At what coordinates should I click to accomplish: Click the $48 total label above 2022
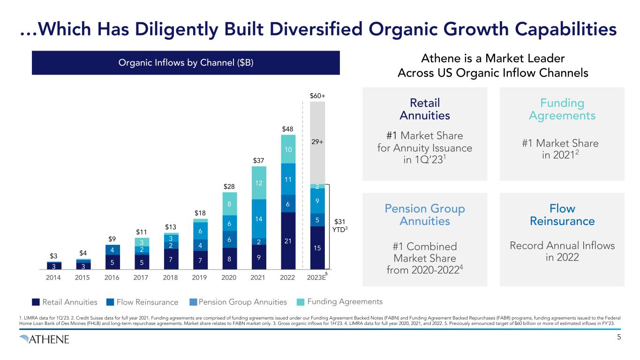tap(288, 128)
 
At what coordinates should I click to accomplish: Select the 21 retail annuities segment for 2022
tap(288, 241)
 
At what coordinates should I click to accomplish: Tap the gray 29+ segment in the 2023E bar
tap(317, 141)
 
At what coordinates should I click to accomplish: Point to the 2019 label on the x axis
tap(200, 277)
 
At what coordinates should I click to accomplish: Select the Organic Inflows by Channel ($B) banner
tap(186, 63)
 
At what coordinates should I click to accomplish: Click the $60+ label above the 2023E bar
tap(317, 96)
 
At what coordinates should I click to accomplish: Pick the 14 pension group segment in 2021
tap(259, 219)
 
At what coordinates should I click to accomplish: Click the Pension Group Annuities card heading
tap(425, 215)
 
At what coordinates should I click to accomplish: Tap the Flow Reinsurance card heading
tap(562, 215)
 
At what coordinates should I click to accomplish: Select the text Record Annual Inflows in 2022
tap(562, 251)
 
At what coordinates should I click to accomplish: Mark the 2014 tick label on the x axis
tap(54, 277)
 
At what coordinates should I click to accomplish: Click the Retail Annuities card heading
tap(425, 109)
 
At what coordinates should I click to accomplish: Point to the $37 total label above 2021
tap(259, 161)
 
